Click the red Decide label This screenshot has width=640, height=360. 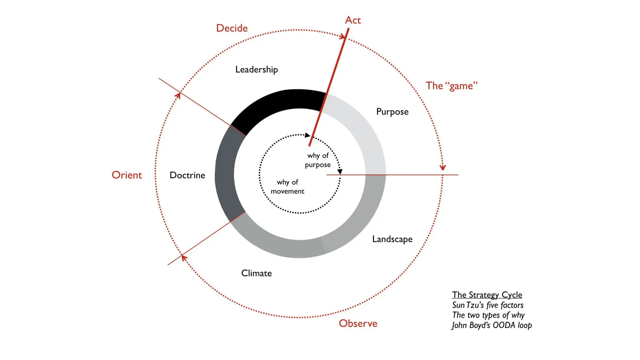pos(232,28)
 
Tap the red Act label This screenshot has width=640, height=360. pos(353,20)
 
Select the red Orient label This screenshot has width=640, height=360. pos(127,175)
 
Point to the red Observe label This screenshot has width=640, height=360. pos(358,323)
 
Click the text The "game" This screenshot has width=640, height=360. pos(452,86)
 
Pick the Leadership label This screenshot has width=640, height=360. pos(256,69)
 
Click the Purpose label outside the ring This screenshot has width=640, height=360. pos(392,112)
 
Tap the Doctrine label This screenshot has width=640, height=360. pos(187,175)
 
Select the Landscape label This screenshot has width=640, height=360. pos(392,239)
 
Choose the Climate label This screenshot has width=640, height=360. pos(256,273)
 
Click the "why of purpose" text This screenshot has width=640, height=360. pos(318,160)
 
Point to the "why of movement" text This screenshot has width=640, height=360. pos(287,187)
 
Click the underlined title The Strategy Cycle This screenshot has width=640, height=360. pos(487,295)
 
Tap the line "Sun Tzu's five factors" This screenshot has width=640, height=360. pos(487,305)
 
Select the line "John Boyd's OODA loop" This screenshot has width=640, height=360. pos(492,325)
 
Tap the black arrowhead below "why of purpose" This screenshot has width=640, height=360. pos(340,172)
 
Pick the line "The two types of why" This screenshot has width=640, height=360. pos(488,315)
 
